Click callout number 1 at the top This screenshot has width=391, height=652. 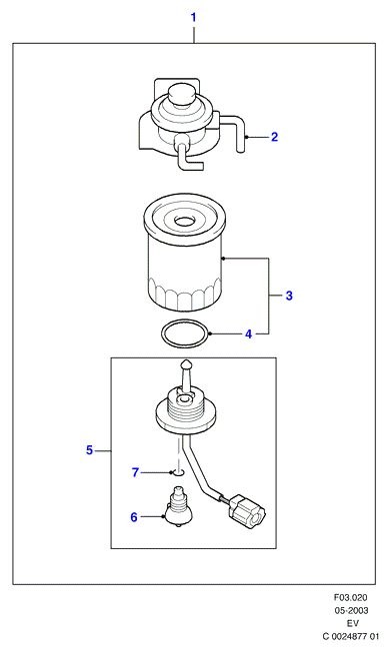coord(193,17)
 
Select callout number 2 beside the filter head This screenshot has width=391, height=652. coord(274,137)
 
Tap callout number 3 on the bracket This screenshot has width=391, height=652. coord(289,296)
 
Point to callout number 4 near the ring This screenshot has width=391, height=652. coord(249,333)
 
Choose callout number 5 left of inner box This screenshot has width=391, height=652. coord(90,450)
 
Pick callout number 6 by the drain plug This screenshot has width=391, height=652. coord(134,517)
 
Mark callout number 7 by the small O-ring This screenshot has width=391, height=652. coord(135,473)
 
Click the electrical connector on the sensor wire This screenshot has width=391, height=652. coord(247,511)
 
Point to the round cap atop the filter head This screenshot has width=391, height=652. coord(181,94)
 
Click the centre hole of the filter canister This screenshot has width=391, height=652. coord(184,221)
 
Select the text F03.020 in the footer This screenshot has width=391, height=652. coord(351,597)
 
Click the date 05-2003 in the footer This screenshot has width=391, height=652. coord(351,610)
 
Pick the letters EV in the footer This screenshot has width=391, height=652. coord(353,623)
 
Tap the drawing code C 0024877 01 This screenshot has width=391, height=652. coord(351,636)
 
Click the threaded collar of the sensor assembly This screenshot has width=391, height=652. coord(185,409)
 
